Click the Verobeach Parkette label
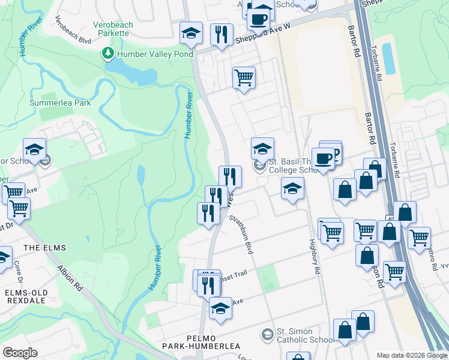(111, 28)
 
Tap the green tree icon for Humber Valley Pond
(108, 54)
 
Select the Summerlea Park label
(61, 103)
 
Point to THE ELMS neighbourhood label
(44, 247)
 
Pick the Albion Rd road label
(71, 281)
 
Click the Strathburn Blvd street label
(241, 234)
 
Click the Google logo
(20, 352)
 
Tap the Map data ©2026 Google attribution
(411, 355)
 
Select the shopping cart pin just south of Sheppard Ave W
(244, 77)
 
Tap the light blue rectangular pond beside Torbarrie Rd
(389, 58)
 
